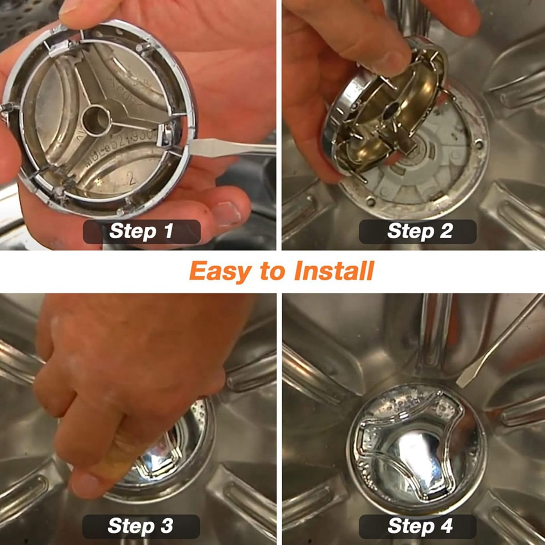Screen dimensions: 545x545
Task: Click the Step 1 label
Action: [142, 231]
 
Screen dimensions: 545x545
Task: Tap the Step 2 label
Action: [418, 231]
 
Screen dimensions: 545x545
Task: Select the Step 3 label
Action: [141, 526]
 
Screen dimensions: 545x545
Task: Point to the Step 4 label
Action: [418, 526]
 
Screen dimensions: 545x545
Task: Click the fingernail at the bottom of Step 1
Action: [225, 213]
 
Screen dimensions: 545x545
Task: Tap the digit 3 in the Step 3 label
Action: [167, 526]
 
